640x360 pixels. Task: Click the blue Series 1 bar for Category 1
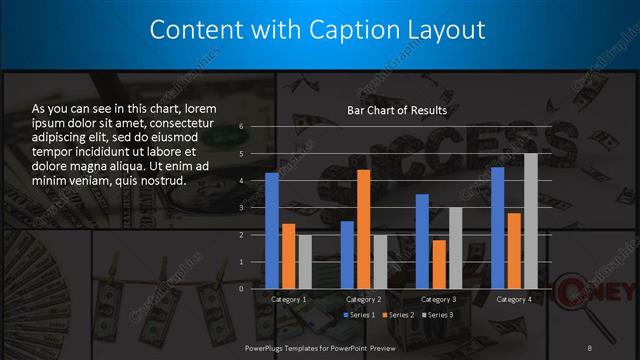coord(272,230)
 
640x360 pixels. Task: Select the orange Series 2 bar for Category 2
coord(363,229)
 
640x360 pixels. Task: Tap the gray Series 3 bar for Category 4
coord(531,221)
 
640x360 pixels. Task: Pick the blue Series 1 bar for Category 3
coord(422,241)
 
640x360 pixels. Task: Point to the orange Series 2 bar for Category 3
coord(439,264)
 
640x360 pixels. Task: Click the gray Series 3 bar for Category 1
coord(305,261)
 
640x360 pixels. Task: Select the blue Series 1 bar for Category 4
coord(498,227)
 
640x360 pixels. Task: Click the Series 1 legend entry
coord(361,315)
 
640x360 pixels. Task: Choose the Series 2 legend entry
coord(399,315)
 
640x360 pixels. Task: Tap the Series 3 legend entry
coord(437,315)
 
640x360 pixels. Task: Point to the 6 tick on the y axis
coord(241,127)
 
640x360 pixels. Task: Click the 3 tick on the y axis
coord(241,208)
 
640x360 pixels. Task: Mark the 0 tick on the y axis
coord(241,288)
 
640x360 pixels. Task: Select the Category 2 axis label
coord(363,299)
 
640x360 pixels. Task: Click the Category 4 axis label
coord(514,299)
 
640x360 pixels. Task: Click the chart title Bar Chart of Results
coord(397,110)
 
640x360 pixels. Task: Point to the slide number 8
coord(590,347)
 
